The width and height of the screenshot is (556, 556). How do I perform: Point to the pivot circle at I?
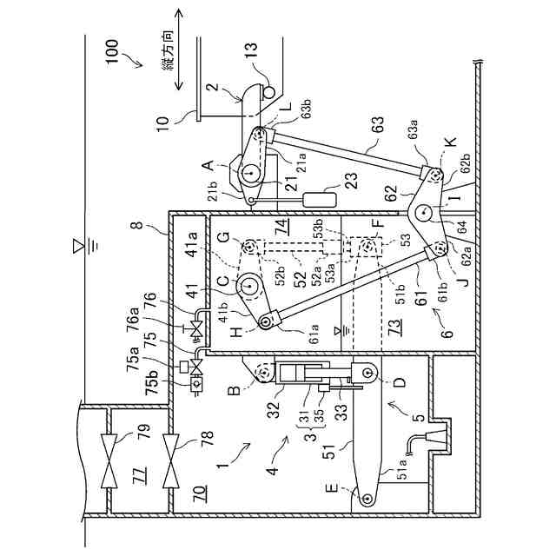pos(424,211)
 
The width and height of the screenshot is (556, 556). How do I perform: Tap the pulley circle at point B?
pos(260,374)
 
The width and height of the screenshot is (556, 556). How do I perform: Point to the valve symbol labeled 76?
pos(197,329)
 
